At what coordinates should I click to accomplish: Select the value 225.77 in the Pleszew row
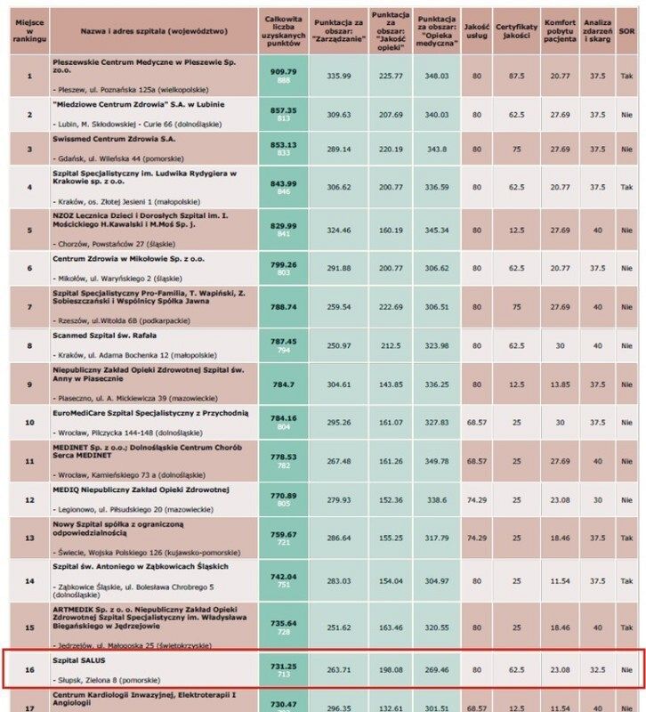tap(384, 76)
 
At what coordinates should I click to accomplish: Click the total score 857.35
tap(284, 110)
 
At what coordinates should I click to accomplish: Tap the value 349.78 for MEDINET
tap(436, 462)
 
